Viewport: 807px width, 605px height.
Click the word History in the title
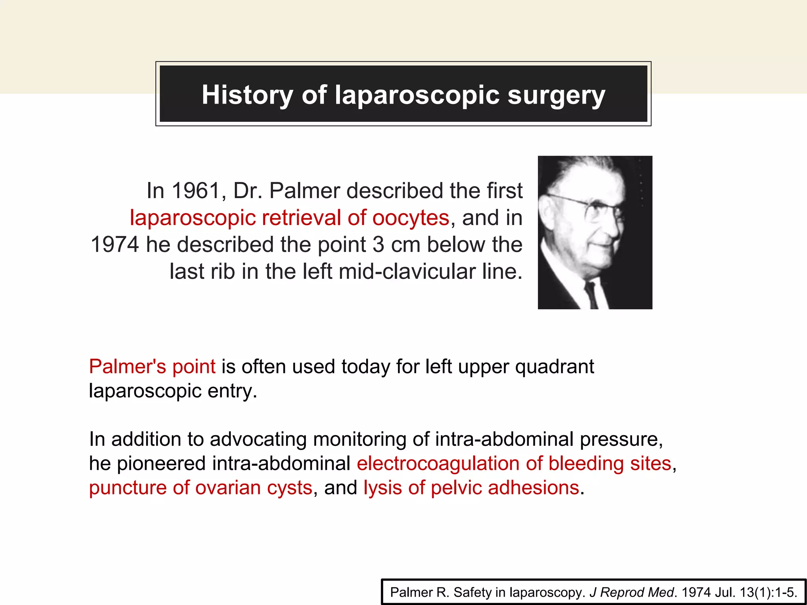[247, 95]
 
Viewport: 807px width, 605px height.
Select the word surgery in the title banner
[556, 96]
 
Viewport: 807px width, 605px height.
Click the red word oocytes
[411, 218]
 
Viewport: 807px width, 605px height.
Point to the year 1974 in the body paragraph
[115, 245]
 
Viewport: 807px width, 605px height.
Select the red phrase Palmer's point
[152, 367]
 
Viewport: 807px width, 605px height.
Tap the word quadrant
[554, 367]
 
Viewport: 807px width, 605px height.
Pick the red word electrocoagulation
[438, 464]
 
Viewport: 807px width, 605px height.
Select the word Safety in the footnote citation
[472, 592]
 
